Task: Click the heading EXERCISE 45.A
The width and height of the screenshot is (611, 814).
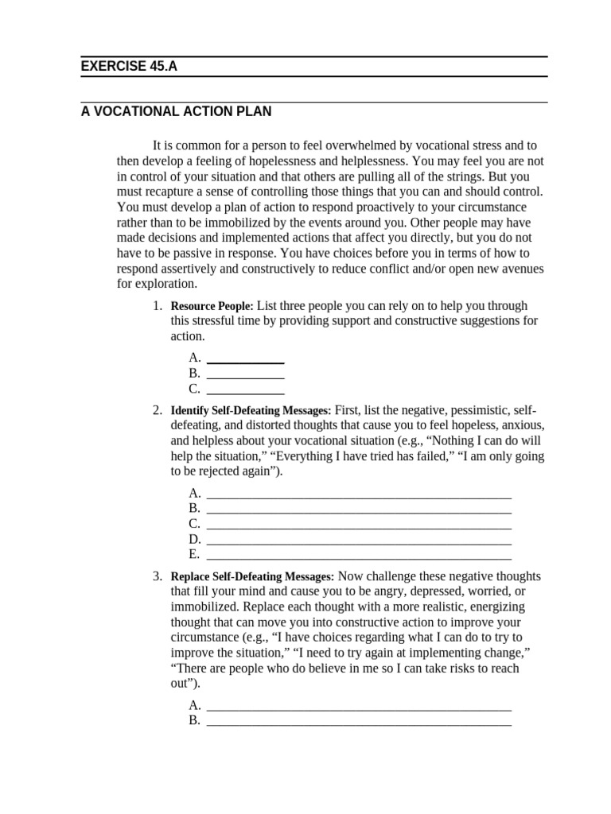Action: point(129,67)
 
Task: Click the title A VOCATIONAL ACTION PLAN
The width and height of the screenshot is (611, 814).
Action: point(176,112)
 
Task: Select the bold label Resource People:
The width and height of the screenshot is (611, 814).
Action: point(212,306)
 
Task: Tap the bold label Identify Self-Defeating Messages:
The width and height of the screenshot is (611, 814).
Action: point(251,411)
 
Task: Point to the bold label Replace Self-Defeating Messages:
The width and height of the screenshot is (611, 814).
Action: point(252,577)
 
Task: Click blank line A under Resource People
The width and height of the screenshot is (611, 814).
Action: point(245,359)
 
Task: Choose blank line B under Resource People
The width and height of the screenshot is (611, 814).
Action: point(245,374)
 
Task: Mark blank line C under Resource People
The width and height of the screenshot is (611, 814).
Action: point(245,390)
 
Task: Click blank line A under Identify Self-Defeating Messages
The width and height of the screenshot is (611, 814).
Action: point(358,494)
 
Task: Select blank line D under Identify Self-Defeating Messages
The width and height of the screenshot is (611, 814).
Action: point(358,540)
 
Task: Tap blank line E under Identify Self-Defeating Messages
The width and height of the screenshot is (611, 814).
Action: point(358,555)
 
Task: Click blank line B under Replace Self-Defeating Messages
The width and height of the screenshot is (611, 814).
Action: point(358,722)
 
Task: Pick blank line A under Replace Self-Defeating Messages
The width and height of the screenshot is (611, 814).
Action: point(358,706)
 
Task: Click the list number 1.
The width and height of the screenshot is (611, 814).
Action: point(158,306)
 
